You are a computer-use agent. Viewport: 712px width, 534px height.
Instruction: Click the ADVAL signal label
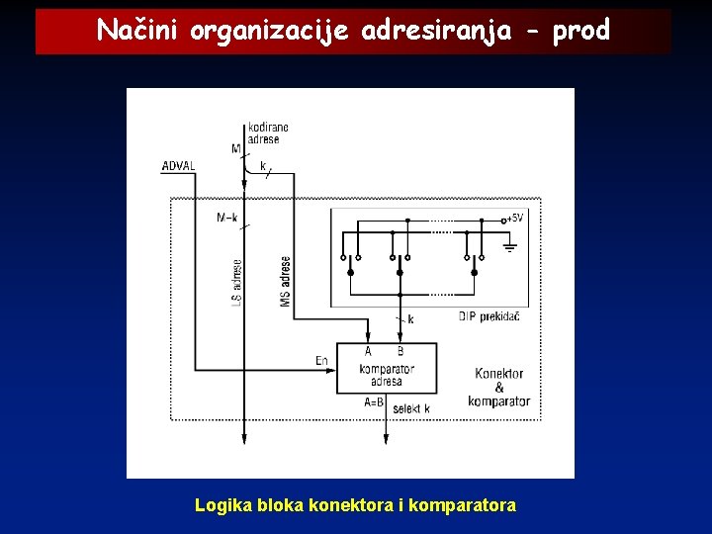[178, 166]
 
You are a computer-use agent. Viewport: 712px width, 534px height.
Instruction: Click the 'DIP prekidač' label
[489, 316]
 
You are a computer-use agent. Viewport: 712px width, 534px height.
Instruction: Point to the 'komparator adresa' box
[386, 368]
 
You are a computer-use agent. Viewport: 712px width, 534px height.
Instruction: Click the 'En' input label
[321, 361]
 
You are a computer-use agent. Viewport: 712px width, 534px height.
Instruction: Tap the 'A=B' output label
[375, 402]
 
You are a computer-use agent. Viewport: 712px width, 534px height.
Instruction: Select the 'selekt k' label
[411, 408]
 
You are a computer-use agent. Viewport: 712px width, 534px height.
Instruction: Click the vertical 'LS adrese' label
[236, 282]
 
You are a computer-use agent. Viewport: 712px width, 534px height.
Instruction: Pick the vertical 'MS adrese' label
[285, 281]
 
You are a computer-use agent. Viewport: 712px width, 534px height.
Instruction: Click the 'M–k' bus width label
[226, 218]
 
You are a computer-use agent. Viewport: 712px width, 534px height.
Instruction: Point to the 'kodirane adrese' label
[268, 133]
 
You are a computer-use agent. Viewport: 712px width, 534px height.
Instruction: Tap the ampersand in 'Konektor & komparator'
[499, 388]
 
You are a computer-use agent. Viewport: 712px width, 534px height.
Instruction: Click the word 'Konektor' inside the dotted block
[499, 374]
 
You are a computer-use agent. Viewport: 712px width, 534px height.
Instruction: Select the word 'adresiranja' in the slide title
[437, 32]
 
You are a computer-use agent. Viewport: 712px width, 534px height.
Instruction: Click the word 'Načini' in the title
[136, 32]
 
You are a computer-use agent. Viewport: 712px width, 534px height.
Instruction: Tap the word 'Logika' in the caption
[223, 505]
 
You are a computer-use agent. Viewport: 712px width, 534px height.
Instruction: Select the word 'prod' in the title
[581, 32]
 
